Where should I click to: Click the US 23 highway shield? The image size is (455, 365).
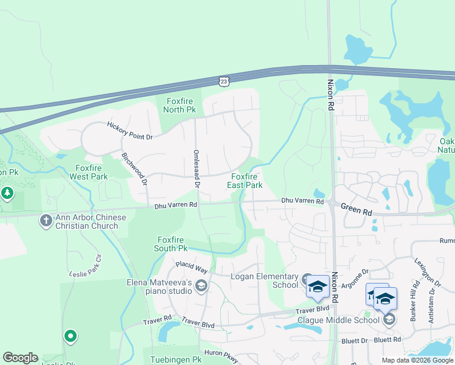click(x=224, y=80)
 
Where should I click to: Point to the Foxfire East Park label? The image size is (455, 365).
click(x=245, y=181)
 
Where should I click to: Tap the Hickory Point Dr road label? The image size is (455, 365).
click(x=130, y=131)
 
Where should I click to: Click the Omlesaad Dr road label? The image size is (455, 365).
click(x=196, y=168)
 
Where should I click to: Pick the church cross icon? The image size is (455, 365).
click(x=46, y=220)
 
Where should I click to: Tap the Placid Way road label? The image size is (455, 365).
click(x=192, y=266)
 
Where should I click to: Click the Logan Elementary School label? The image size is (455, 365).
click(x=264, y=280)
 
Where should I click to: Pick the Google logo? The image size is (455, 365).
click(x=20, y=358)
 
